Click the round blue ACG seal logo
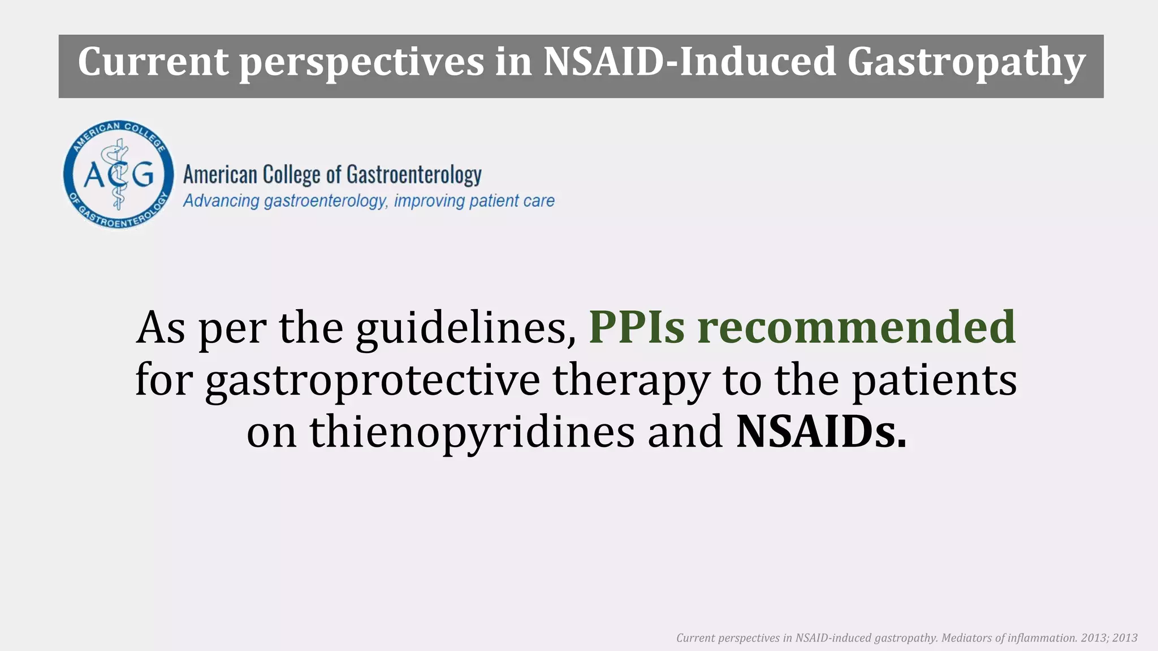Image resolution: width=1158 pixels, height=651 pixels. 119,174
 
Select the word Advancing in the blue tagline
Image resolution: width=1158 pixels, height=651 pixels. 221,201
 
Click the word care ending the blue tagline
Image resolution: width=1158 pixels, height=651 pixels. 537,201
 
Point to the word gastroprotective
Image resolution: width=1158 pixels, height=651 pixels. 373,380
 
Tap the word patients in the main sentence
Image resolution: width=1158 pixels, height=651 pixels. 934,380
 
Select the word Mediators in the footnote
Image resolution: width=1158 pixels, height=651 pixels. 967,638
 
